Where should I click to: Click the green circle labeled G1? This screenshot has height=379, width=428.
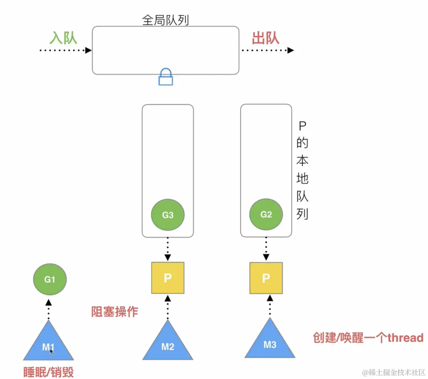click(50, 279)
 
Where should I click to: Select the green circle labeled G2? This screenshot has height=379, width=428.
click(266, 214)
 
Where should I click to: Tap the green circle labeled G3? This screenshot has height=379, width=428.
click(168, 215)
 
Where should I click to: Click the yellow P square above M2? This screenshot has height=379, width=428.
click(168, 278)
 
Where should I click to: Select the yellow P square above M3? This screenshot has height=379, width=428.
click(266, 278)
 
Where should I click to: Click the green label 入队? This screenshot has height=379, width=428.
click(63, 38)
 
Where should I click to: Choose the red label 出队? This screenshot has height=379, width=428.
click(266, 38)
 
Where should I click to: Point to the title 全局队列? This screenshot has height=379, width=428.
click(165, 20)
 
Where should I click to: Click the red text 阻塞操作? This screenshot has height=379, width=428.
click(115, 311)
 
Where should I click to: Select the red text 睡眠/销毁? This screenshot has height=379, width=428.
click(48, 372)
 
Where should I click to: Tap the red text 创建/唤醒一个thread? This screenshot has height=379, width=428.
click(368, 337)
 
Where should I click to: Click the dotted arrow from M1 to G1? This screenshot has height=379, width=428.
click(48, 309)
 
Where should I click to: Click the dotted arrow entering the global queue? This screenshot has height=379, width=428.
click(65, 50)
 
